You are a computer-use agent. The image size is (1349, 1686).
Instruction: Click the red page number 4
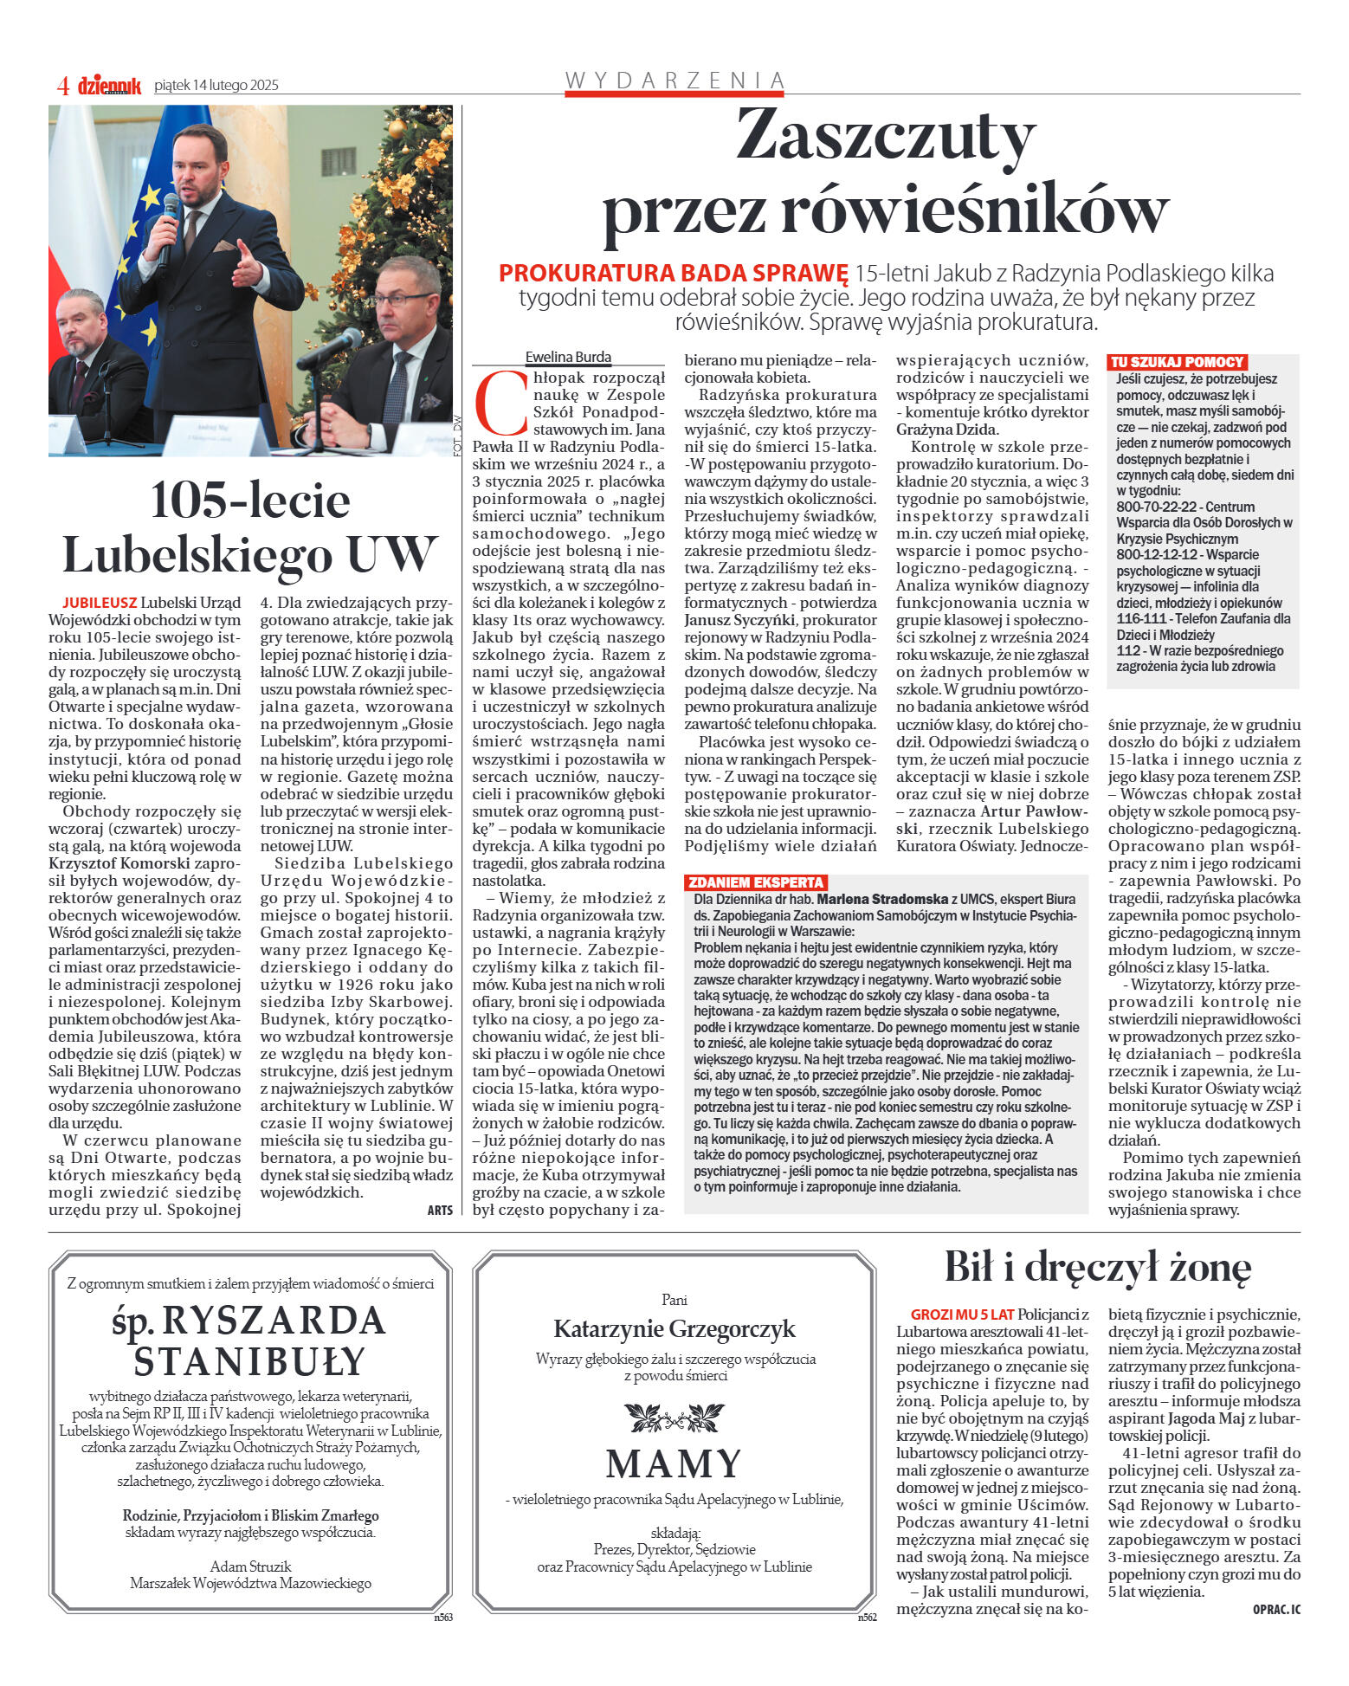tap(62, 86)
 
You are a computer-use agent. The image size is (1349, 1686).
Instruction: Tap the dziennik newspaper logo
tap(109, 86)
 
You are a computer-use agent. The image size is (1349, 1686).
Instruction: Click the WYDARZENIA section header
tap(674, 81)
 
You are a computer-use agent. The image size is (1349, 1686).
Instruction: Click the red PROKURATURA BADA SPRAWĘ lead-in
tap(673, 274)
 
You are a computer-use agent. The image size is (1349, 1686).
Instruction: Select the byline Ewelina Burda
tap(568, 357)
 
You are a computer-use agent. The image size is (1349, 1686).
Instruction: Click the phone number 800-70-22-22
tap(1156, 507)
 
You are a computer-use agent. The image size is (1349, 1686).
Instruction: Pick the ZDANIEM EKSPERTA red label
tap(755, 882)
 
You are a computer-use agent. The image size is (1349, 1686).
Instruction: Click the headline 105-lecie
tap(250, 501)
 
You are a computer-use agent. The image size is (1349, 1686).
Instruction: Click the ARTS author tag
tap(440, 1210)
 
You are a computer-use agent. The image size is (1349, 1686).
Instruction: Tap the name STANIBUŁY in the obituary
tap(250, 1361)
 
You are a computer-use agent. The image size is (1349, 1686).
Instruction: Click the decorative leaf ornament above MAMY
tap(674, 1418)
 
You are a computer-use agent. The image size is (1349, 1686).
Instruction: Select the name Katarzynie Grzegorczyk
tap(674, 1328)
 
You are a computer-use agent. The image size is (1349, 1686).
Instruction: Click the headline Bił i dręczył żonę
tap(1097, 1267)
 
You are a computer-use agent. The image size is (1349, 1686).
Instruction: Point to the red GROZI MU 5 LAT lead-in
tap(962, 1315)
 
